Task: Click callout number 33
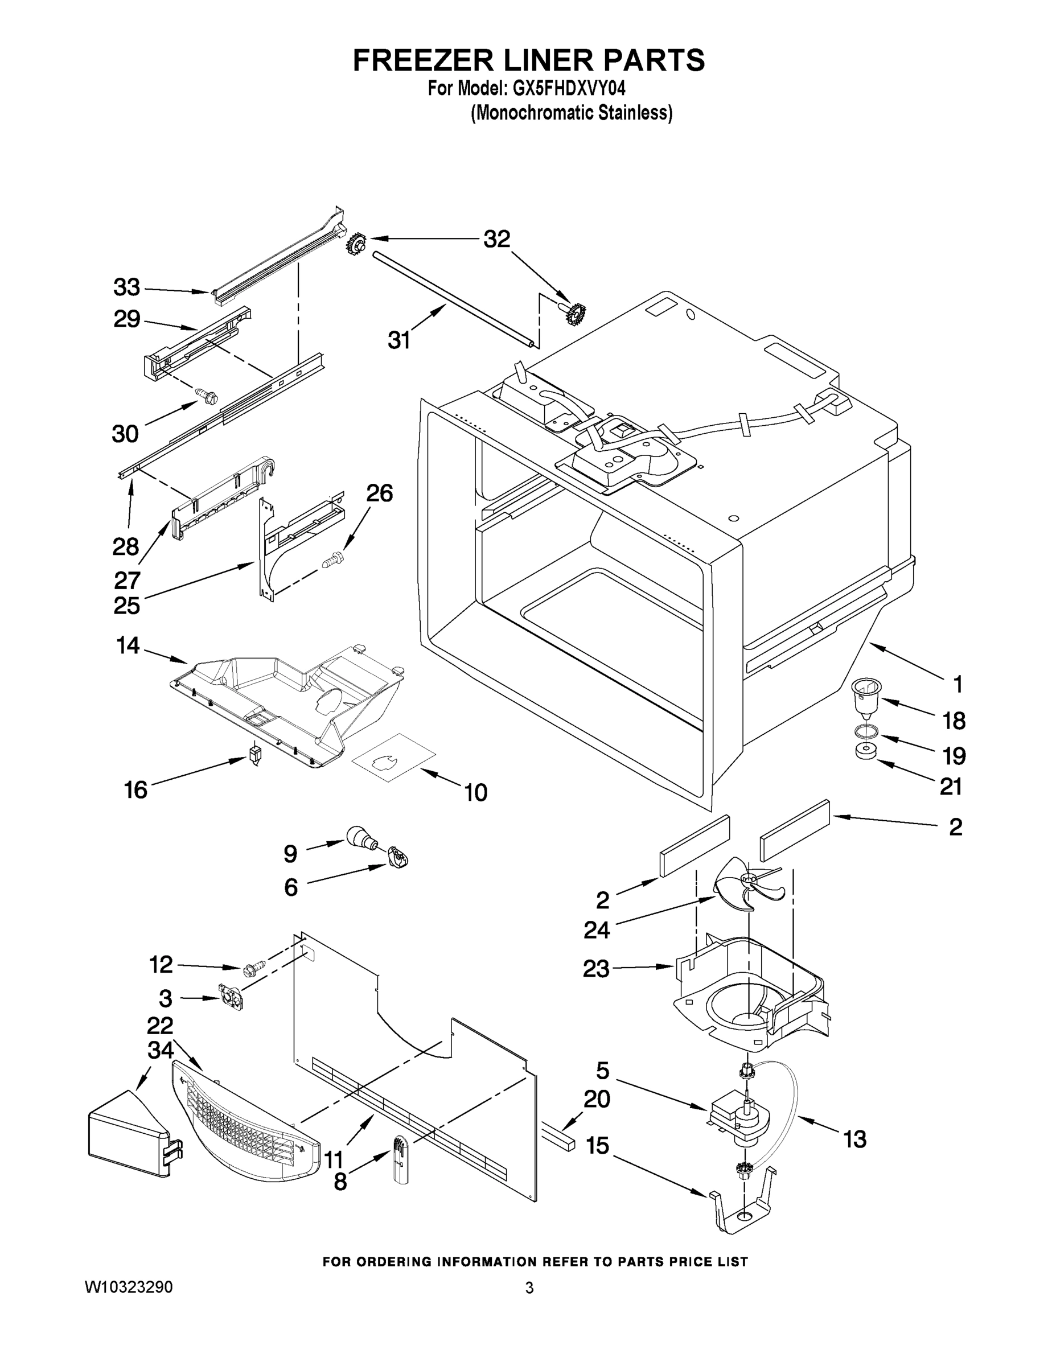click(x=126, y=287)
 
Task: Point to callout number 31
click(x=398, y=340)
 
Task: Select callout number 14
click(x=128, y=645)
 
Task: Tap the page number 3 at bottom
click(x=529, y=1288)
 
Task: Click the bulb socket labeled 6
click(x=397, y=856)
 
